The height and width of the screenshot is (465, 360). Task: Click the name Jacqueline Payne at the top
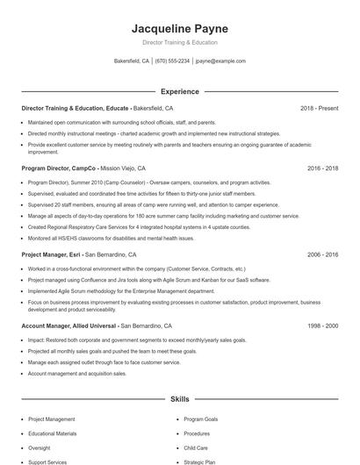click(x=179, y=28)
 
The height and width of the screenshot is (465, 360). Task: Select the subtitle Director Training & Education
click(x=179, y=42)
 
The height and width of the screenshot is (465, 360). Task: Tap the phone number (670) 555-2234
click(x=173, y=61)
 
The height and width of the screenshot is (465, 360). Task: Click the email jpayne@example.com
click(x=220, y=61)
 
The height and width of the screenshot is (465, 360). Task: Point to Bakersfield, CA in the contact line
click(x=133, y=61)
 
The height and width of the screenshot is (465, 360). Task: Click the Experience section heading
click(x=179, y=91)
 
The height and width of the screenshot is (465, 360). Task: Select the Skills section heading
click(x=179, y=398)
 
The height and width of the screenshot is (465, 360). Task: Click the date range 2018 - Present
click(x=319, y=108)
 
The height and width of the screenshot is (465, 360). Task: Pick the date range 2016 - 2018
click(x=322, y=168)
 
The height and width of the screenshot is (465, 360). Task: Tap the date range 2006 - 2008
click(x=322, y=254)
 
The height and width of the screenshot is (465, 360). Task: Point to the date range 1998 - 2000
click(x=322, y=325)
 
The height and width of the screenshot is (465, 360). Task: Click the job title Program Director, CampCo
click(x=58, y=168)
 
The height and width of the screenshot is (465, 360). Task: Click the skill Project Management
click(x=52, y=419)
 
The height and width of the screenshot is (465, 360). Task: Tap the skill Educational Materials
click(x=53, y=433)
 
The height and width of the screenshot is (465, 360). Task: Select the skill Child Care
click(x=196, y=447)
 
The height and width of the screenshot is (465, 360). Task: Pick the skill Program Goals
click(x=202, y=419)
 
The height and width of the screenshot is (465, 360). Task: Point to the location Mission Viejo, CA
click(x=123, y=168)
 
